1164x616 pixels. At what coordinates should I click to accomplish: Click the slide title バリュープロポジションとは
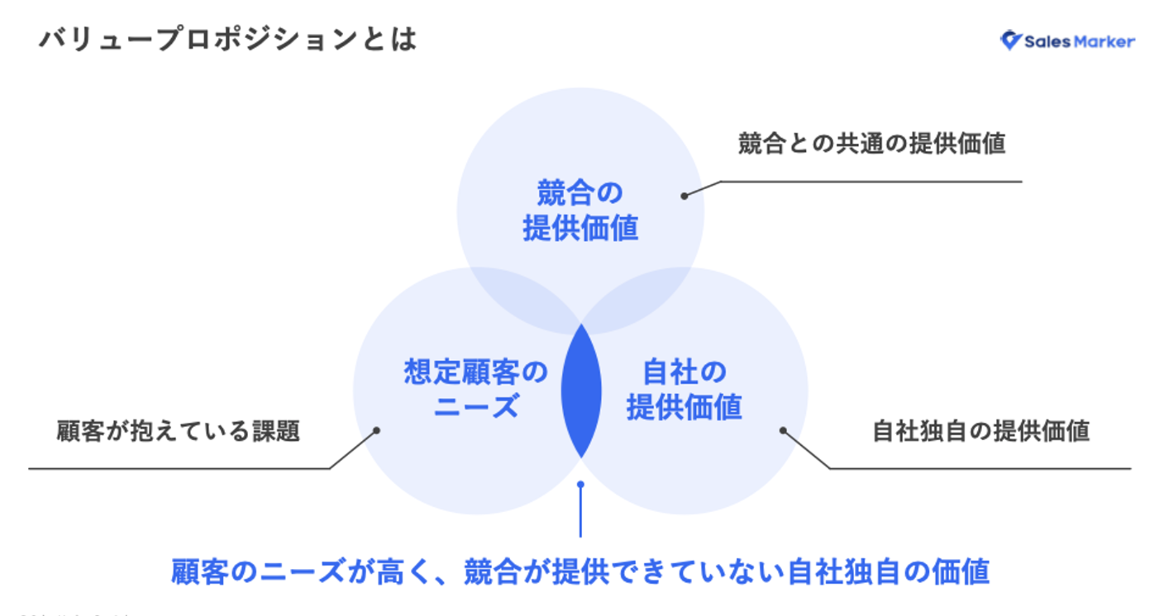pyautogui.click(x=227, y=40)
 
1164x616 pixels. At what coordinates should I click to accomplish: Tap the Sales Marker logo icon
pyautogui.click(x=1010, y=40)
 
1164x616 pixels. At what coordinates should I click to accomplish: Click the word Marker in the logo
pyautogui.click(x=1105, y=41)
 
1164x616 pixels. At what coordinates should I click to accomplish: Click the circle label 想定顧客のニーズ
pyautogui.click(x=475, y=388)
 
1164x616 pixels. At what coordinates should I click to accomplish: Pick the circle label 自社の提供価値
pyautogui.click(x=684, y=389)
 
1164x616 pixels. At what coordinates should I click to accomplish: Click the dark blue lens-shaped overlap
pyautogui.click(x=581, y=390)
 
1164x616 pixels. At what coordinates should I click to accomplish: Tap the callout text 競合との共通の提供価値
pyautogui.click(x=871, y=144)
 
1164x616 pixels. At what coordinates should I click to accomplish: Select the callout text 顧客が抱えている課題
pyautogui.click(x=178, y=431)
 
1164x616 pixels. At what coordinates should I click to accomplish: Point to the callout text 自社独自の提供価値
pyautogui.click(x=980, y=431)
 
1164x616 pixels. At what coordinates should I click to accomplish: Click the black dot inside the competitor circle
pyautogui.click(x=685, y=196)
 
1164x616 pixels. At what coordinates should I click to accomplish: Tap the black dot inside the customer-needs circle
pyautogui.click(x=376, y=430)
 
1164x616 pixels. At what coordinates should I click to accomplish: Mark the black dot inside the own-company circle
pyautogui.click(x=782, y=430)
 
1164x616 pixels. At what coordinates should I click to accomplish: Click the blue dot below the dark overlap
pyautogui.click(x=581, y=485)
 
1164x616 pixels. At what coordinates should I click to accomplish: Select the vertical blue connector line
pyautogui.click(x=581, y=512)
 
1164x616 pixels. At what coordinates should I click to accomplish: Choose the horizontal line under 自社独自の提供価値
pyautogui.click(x=980, y=469)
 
